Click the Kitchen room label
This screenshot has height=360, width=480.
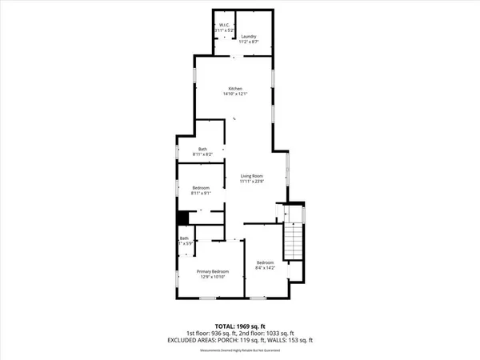(234, 88)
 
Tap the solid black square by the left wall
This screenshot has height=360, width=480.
(182, 217)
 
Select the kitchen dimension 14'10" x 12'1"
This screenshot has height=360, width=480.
(234, 94)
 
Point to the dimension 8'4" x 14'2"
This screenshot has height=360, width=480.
(266, 269)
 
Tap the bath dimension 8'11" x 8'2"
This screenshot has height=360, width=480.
(210, 155)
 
